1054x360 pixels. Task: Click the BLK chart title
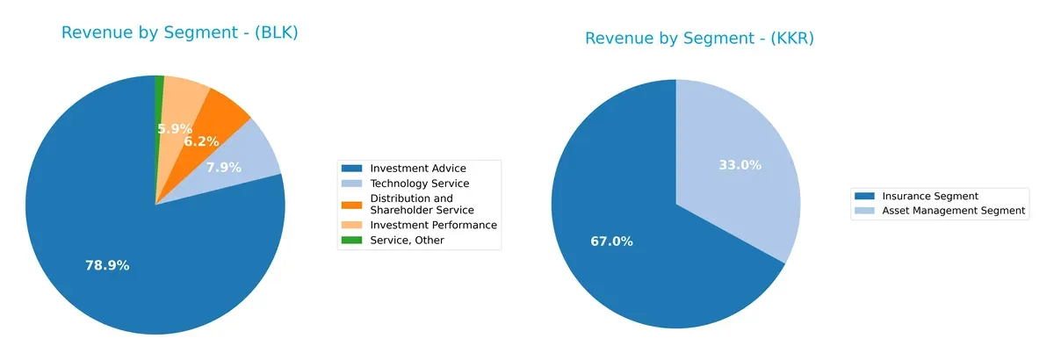[x=180, y=33]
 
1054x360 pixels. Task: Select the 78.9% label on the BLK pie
[x=107, y=265]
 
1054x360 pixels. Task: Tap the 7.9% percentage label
[x=224, y=167]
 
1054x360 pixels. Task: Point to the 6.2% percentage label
[x=201, y=140]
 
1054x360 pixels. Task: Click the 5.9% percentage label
[x=175, y=129]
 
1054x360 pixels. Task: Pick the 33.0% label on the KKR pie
[x=740, y=164]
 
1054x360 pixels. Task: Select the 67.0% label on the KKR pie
[x=611, y=241]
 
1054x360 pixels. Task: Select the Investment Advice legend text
[x=418, y=168]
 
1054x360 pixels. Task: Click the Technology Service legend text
[x=419, y=184]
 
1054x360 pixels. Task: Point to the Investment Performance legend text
[x=433, y=225]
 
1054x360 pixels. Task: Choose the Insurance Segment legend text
[x=929, y=196]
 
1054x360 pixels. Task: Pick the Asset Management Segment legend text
[x=953, y=211]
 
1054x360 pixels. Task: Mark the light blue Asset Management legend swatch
[x=865, y=211]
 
